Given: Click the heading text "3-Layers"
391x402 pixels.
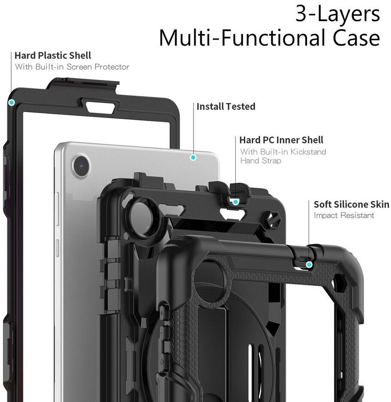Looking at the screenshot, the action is (x=337, y=14).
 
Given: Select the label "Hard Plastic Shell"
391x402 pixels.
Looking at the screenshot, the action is (x=53, y=55).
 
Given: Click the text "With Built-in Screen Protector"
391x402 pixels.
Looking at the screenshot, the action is (x=72, y=67).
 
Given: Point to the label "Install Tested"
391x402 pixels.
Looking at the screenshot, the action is (x=226, y=107).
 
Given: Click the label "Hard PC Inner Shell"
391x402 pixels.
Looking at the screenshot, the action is (x=281, y=140).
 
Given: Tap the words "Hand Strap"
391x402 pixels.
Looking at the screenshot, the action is (x=261, y=161).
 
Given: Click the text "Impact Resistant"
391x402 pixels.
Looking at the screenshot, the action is (x=344, y=216).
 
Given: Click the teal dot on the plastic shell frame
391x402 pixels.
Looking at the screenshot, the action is (x=12, y=102).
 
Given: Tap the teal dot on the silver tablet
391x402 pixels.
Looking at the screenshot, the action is (x=193, y=158).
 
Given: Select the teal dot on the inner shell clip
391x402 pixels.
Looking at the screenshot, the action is (x=235, y=201).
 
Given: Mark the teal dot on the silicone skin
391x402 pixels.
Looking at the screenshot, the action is (x=309, y=265).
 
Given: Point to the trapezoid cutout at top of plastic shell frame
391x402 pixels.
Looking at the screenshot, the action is (x=100, y=107).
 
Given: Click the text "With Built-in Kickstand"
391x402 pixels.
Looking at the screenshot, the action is (x=283, y=152).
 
